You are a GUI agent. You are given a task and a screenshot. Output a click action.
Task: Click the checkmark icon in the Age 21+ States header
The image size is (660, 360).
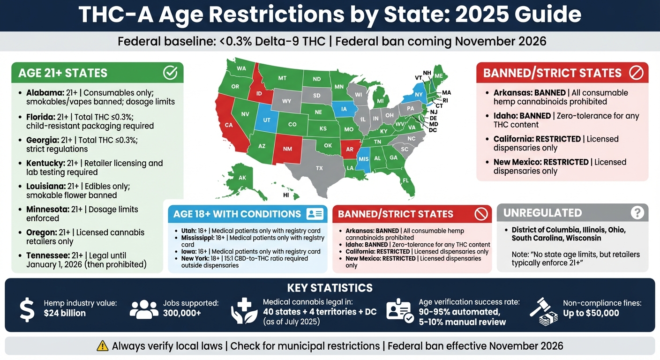point(170,73)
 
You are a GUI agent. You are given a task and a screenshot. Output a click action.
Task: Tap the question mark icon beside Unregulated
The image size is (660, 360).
point(637,213)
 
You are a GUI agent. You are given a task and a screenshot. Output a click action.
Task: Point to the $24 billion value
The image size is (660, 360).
point(65,313)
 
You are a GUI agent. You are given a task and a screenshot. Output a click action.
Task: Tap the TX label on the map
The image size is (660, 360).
point(319,168)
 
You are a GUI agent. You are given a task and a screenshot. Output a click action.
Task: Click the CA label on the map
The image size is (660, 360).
point(229,125)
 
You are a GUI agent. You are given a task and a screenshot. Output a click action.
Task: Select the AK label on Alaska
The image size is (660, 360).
point(242,178)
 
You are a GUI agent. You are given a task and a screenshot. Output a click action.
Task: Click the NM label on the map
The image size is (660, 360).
point(287,149)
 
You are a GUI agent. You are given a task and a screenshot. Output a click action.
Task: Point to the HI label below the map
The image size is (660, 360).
point(286,195)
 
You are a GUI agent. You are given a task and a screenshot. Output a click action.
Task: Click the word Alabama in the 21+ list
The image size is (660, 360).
point(44,93)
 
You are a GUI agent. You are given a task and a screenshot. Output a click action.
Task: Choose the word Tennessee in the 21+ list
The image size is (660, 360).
point(47,256)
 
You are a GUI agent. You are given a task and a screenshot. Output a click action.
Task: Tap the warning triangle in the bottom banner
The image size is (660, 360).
point(102,346)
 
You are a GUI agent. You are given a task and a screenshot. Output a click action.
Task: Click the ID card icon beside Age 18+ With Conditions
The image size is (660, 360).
point(315,214)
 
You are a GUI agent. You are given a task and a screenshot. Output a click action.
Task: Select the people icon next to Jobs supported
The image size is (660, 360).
point(143,310)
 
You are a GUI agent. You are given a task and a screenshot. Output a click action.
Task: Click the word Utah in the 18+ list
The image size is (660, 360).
point(188,231)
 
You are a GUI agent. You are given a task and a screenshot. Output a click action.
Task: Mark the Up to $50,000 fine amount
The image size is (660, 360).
point(591,313)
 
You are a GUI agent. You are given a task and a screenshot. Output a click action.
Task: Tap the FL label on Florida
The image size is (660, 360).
point(405,180)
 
